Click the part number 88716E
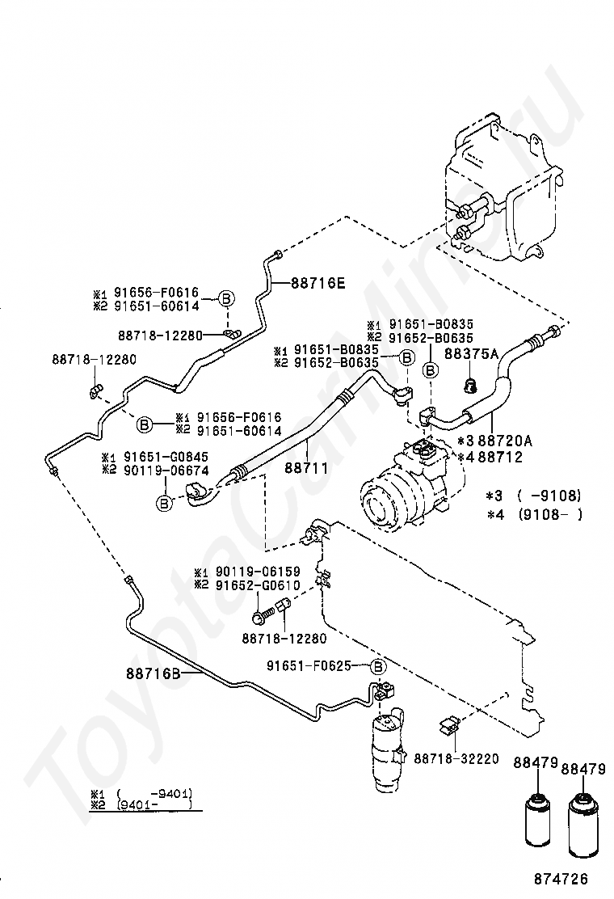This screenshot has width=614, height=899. [x=318, y=282]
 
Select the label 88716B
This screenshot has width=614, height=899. [x=153, y=673]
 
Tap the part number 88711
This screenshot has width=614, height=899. [x=306, y=468]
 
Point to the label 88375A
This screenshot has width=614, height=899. [x=471, y=354]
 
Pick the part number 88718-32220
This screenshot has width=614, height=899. [x=456, y=758]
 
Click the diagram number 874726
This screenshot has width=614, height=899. [x=561, y=878]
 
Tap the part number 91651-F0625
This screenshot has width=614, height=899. [x=309, y=665]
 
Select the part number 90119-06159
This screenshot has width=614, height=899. [x=258, y=572]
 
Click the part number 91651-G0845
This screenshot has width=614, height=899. [x=166, y=457]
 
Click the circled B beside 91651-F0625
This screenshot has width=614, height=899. [x=378, y=666]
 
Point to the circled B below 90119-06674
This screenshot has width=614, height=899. [x=164, y=504]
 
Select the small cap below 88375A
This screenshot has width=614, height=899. [x=470, y=387]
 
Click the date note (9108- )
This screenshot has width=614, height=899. [x=550, y=514]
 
